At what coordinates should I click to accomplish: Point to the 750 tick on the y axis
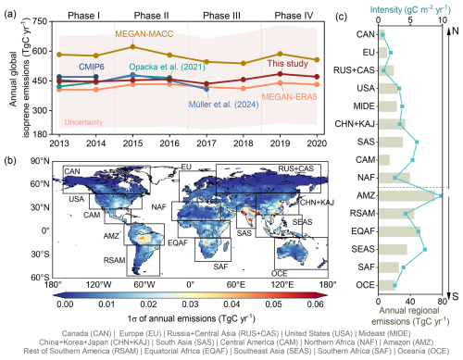tap(39, 20)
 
